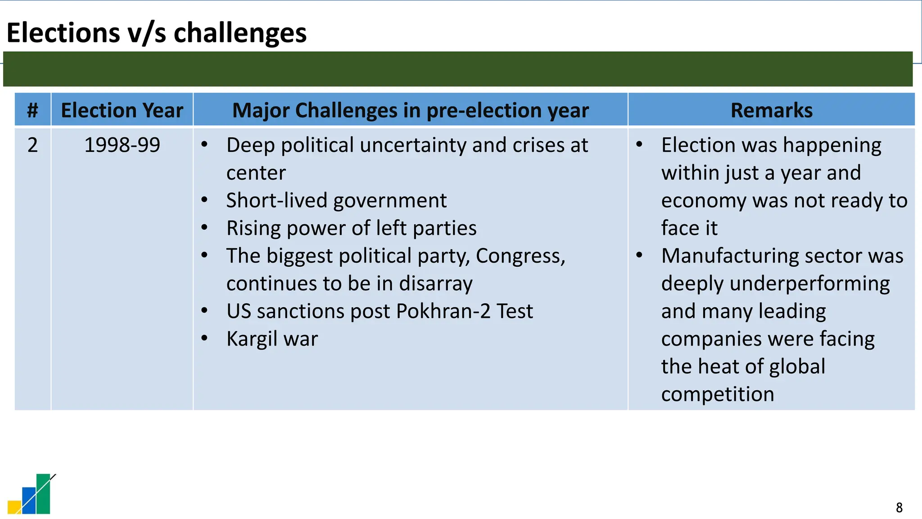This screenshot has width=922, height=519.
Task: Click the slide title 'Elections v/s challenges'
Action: [x=156, y=33]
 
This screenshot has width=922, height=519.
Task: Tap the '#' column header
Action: [x=32, y=110]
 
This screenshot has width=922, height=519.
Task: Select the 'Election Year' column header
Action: [x=122, y=110]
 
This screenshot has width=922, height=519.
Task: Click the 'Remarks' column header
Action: [x=771, y=110]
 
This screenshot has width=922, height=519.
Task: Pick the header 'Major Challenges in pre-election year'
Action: [x=410, y=110]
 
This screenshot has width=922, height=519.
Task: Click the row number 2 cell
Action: [x=32, y=145]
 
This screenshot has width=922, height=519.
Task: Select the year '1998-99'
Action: [x=122, y=145]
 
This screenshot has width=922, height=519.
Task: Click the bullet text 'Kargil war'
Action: [x=272, y=339]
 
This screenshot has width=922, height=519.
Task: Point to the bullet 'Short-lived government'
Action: [x=336, y=200]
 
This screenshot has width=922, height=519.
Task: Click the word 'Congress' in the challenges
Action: [x=518, y=256]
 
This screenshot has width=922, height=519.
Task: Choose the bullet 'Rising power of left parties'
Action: [x=351, y=228]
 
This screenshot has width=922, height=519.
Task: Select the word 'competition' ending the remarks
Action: [x=718, y=394]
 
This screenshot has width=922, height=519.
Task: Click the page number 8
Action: [x=899, y=508]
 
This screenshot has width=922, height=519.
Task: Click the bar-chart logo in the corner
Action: [x=31, y=494]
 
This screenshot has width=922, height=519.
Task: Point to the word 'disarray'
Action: [x=435, y=284]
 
